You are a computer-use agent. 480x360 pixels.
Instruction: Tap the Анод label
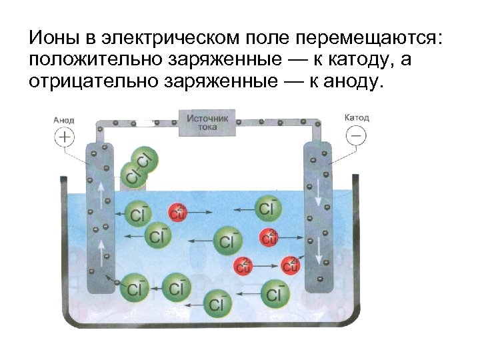click(65, 120)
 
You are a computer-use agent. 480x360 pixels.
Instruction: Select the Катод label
click(357, 117)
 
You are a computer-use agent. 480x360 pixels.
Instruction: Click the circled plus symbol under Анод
click(65, 137)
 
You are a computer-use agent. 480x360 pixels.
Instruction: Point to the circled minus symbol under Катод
click(356, 135)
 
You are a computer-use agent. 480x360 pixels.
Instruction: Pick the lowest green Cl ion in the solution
click(216, 304)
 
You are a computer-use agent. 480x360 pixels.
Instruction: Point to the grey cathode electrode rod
click(319, 220)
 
